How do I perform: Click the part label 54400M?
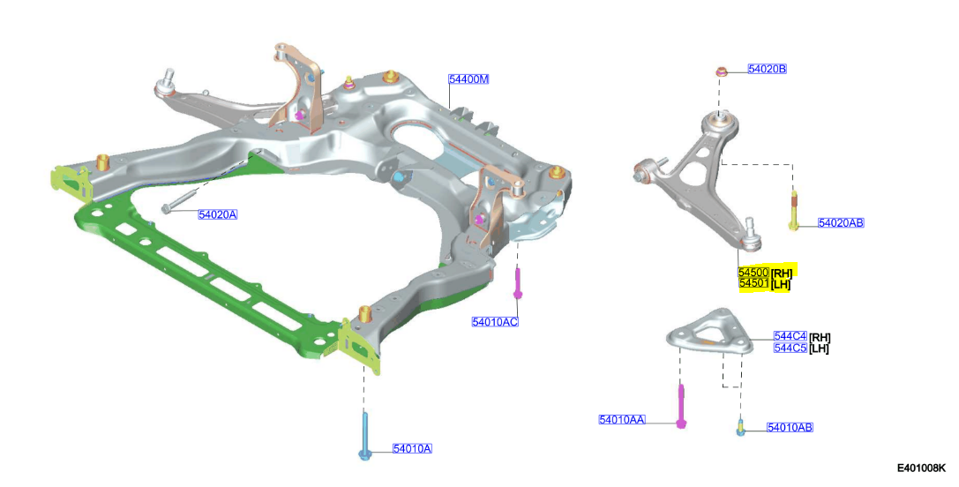click(x=468, y=79)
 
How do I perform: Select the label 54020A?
click(x=218, y=214)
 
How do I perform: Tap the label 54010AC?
click(x=495, y=322)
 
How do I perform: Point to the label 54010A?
click(x=412, y=448)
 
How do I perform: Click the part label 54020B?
click(x=767, y=69)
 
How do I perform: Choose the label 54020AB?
click(x=841, y=223)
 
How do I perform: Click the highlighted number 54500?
click(x=753, y=273)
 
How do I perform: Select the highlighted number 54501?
click(x=753, y=284)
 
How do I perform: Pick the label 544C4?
click(x=790, y=336)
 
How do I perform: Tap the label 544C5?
click(x=790, y=348)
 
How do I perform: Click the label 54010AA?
click(x=622, y=420)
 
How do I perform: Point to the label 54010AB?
click(x=790, y=428)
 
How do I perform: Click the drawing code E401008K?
click(x=922, y=468)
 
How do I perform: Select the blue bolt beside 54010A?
click(x=364, y=437)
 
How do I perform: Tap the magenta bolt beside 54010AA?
click(x=681, y=406)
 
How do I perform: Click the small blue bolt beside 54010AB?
click(x=740, y=428)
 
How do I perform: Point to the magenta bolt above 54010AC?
click(x=519, y=284)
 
